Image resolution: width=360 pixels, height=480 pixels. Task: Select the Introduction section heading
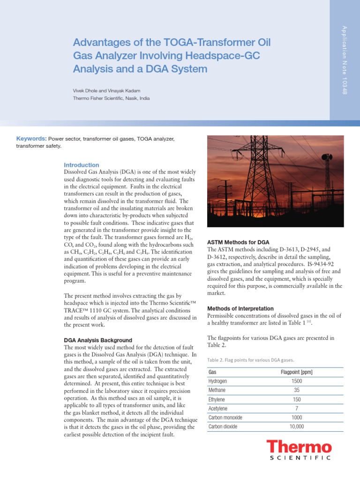coord(81,165)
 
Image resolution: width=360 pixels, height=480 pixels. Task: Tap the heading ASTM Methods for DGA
coord(238,242)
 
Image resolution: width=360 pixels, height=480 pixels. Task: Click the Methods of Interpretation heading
coord(240,308)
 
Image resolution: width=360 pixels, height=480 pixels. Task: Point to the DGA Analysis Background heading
coord(97,340)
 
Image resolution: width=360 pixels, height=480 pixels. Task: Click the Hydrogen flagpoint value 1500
coord(296,381)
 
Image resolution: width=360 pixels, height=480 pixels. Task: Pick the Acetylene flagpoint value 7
coord(296,408)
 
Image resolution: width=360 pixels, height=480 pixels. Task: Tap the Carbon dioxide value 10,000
coord(296,427)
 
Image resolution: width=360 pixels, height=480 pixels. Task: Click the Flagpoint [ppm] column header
coord(296,372)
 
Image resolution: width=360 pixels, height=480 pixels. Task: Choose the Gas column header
coord(212,372)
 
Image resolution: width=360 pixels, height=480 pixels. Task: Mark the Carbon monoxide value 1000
coord(296,418)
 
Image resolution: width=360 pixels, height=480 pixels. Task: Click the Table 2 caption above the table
coord(250,360)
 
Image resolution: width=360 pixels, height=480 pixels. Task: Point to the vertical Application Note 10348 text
coord(345,60)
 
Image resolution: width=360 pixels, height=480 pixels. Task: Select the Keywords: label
coord(31,139)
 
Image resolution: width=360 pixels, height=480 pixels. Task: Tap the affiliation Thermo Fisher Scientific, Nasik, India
coord(111,98)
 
